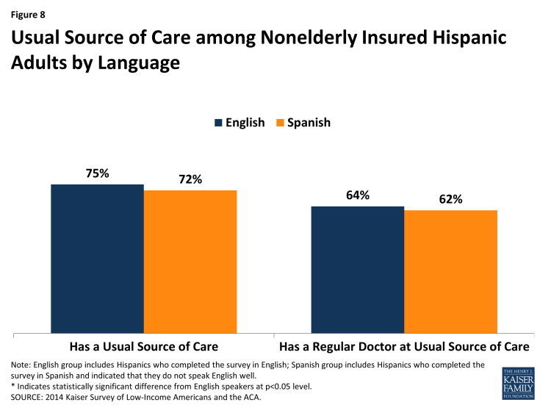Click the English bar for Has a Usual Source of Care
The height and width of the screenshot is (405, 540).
coord(97,258)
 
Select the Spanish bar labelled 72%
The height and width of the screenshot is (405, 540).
coord(190,261)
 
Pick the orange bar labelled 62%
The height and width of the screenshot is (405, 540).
coord(450,271)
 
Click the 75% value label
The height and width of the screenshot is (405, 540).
coord(97,173)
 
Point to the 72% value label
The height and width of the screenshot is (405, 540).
coord(190,179)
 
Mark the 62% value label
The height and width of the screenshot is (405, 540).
coord(450,199)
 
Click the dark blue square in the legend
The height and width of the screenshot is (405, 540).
coord(218,123)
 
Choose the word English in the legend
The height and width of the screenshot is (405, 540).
coord(245,123)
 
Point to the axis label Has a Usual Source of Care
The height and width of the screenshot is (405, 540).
coord(143,346)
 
